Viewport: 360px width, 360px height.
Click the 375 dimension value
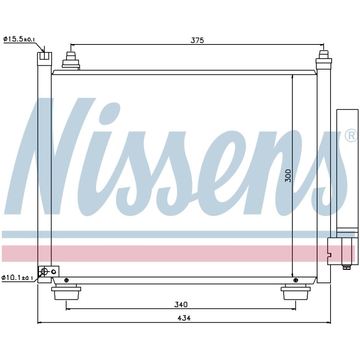(x=197, y=40)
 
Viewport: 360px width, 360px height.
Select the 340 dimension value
(x=181, y=305)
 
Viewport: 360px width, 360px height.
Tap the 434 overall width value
(x=184, y=318)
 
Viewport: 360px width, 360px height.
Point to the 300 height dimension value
(x=288, y=175)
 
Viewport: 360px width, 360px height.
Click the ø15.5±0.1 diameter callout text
(x=19, y=39)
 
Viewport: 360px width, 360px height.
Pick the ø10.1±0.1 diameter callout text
(x=17, y=278)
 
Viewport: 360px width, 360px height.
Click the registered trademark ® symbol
(x=351, y=136)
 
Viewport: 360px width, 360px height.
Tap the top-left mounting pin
(x=71, y=61)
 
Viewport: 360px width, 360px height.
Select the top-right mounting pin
(x=324, y=59)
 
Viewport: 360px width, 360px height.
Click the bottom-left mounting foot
(x=66, y=292)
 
